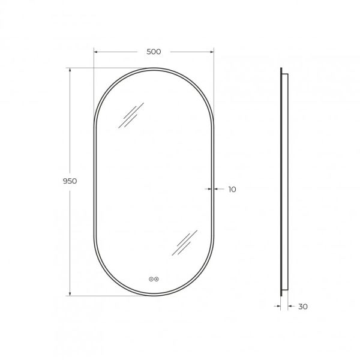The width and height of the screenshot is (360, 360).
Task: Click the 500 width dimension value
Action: pyautogui.click(x=154, y=52)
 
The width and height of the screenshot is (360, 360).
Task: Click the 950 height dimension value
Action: pyautogui.click(x=70, y=181)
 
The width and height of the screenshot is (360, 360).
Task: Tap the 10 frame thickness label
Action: pyautogui.click(x=232, y=190)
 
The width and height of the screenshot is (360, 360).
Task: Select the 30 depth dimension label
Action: pyautogui.click(x=303, y=307)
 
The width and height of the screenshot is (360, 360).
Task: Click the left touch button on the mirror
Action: pyautogui.click(x=151, y=279)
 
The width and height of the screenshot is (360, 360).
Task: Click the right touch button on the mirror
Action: pyautogui.click(x=157, y=279)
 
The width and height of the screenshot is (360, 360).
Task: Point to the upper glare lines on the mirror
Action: pyautogui.click(x=131, y=115)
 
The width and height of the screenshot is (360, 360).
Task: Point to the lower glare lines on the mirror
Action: pyautogui.click(x=185, y=242)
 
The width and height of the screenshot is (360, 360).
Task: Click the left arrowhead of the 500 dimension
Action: pyautogui.click(x=96, y=52)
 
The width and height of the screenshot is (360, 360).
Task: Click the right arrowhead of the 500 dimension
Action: pyautogui.click(x=211, y=52)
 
